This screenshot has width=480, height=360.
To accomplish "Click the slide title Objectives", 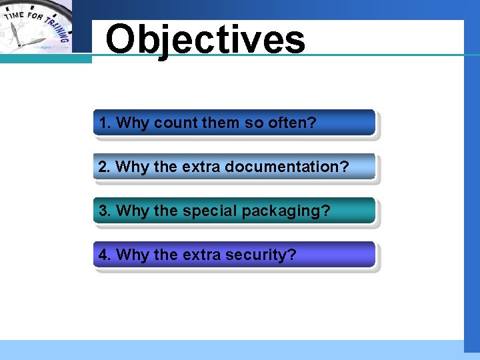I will point(205,40).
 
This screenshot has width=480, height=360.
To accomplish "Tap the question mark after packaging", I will point(325,211).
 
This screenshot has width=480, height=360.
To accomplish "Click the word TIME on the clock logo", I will point(15,16).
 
